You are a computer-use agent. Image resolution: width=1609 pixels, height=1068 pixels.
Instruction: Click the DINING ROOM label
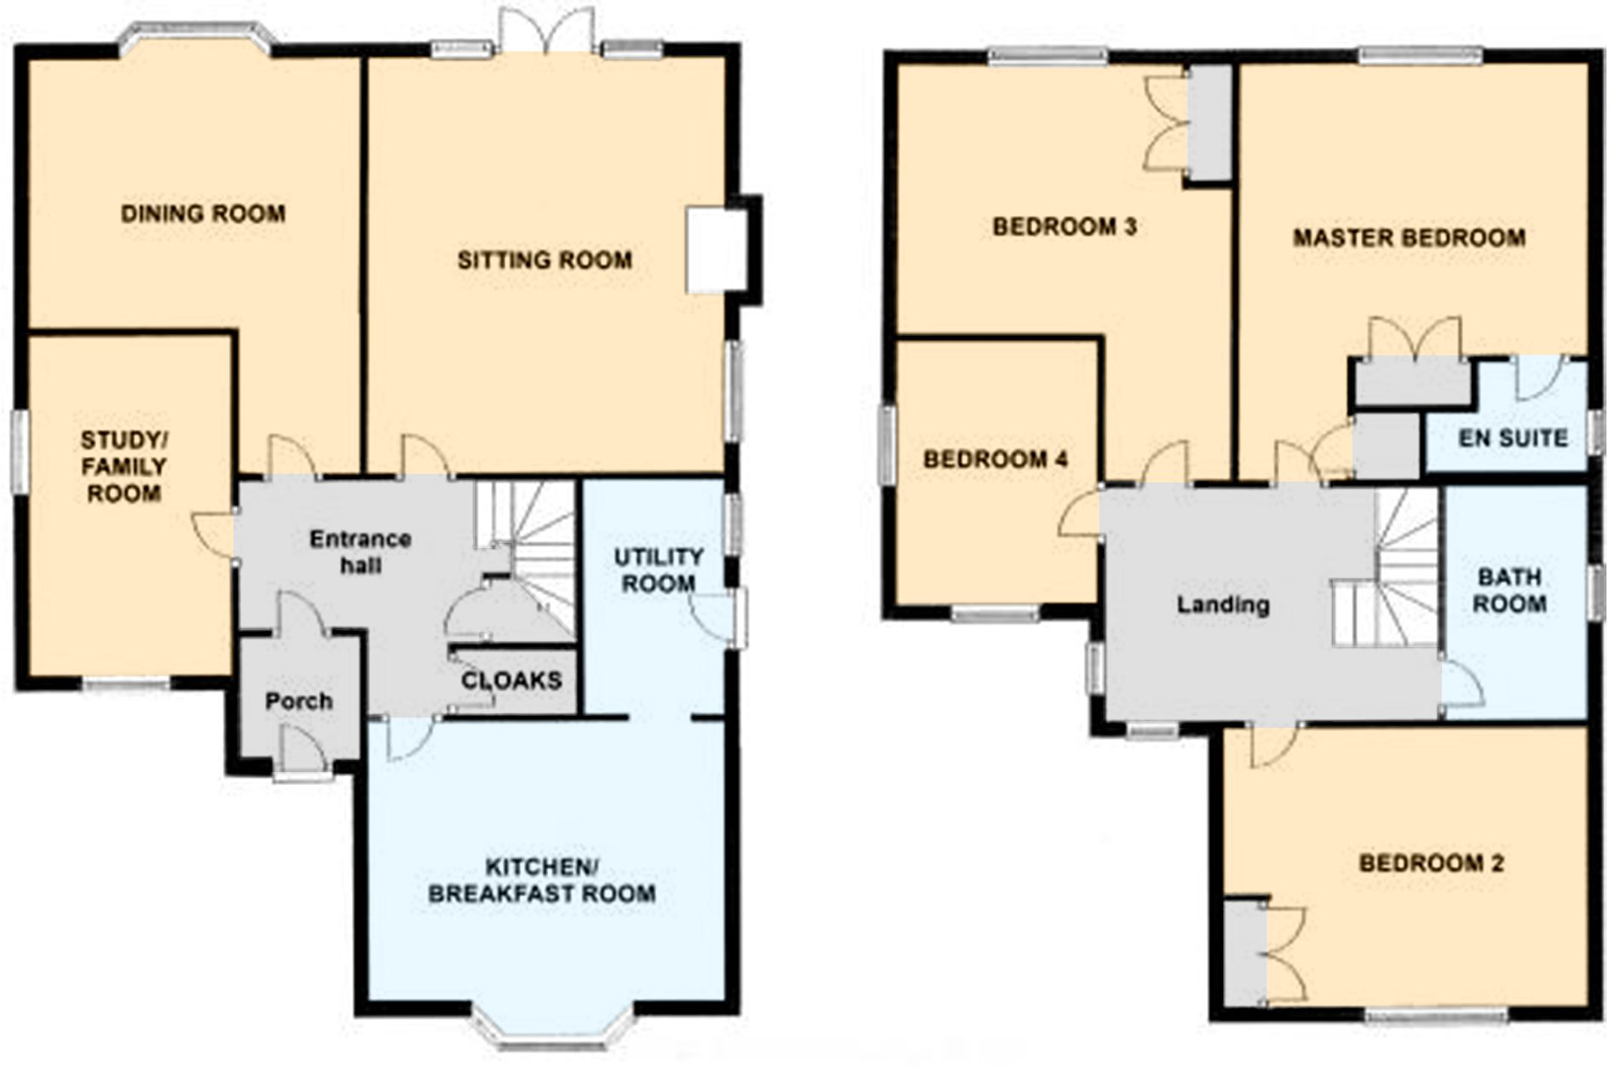pyautogui.click(x=203, y=213)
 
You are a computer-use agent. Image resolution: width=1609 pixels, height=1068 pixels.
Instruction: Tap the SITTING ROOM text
pyautogui.click(x=545, y=260)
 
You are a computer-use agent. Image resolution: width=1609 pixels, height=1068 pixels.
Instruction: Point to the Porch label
pyautogui.click(x=298, y=701)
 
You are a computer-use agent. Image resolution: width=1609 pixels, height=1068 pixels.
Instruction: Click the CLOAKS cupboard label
pyautogui.click(x=511, y=681)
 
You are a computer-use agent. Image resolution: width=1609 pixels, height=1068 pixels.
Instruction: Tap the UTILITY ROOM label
pyautogui.click(x=658, y=570)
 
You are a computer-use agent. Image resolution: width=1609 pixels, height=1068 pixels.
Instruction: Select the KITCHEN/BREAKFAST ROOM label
pyautogui.click(x=542, y=880)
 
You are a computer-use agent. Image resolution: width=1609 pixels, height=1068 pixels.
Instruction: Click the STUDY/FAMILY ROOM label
pyautogui.click(x=124, y=466)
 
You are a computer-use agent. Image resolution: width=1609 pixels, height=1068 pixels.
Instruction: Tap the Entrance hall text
pyautogui.click(x=360, y=551)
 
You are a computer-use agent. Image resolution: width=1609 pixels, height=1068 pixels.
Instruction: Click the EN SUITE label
pyautogui.click(x=1513, y=439)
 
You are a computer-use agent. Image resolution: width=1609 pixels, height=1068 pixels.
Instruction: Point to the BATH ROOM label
pyautogui.click(x=1509, y=590)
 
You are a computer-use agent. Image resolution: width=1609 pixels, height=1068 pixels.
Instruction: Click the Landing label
pyautogui.click(x=1223, y=605)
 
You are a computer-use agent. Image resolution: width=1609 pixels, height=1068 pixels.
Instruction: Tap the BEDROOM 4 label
pyautogui.click(x=995, y=459)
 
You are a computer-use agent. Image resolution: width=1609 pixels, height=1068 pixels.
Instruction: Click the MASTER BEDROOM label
pyautogui.click(x=1409, y=237)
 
